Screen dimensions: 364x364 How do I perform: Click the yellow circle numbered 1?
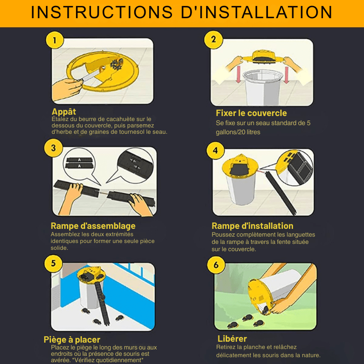coord(55,40)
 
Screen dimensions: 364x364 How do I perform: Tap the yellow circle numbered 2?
coord(213,40)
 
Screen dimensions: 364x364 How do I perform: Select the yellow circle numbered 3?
coord(53,148)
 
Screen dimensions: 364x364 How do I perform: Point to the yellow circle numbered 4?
coord(215,151)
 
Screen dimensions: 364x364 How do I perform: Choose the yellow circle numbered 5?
coord(53,263)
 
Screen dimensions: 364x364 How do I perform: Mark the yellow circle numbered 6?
coord(216,265)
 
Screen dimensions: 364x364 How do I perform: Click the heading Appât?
coord(64,112)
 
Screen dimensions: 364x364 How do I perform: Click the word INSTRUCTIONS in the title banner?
coord(101,12)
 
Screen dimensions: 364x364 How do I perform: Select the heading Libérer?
coord(232,339)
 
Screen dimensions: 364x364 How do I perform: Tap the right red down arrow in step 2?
coord(287,75)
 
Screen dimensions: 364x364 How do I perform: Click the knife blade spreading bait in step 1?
coord(91,75)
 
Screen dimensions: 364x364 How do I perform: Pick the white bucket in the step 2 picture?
coord(263,87)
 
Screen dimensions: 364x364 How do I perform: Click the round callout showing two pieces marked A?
coord(79,164)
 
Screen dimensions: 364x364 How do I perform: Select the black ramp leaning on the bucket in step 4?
coord(280,192)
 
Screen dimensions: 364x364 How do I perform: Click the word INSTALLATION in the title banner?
coord(257,12)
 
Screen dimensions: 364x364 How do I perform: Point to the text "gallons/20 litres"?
coord(238,132)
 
